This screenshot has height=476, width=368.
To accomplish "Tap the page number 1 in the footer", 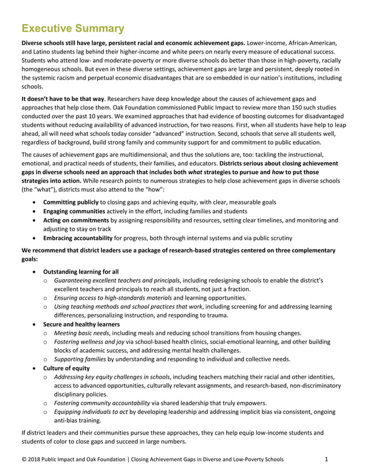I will point(326,459).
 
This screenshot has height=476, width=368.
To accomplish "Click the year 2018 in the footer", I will point(35,459).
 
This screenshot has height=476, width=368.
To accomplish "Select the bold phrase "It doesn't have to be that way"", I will point(63,99).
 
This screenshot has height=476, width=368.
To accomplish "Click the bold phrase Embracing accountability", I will point(83,237).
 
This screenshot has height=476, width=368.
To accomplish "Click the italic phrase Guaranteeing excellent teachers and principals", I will point(124,279).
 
